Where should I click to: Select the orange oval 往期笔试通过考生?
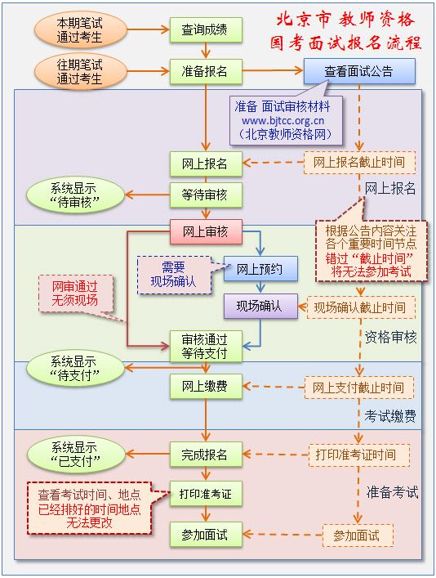81,72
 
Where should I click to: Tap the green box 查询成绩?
205,31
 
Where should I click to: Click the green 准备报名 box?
205,71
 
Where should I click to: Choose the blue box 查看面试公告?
359,71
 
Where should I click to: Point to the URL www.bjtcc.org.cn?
282,120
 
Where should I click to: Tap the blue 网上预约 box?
260,268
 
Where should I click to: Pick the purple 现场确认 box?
260,306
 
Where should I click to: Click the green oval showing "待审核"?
74,195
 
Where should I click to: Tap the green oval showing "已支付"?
74,454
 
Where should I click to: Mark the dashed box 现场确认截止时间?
360,307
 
